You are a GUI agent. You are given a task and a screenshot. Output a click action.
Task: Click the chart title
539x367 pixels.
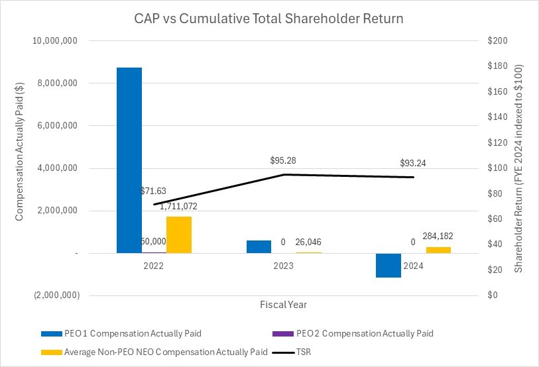269,19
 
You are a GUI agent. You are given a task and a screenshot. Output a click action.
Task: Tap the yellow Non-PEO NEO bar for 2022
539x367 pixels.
179,235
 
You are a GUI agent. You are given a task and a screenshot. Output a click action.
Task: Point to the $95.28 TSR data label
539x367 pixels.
284,161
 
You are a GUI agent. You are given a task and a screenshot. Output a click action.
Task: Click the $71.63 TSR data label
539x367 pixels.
154,191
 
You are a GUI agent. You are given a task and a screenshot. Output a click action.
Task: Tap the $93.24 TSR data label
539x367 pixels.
414,164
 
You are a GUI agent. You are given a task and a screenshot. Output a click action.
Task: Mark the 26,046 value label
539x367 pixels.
309,242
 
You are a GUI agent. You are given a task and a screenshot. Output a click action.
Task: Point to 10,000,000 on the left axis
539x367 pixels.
56,41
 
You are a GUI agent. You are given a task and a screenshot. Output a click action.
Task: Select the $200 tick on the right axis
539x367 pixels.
497,41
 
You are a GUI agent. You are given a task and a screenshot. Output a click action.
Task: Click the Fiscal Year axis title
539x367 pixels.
284,305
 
